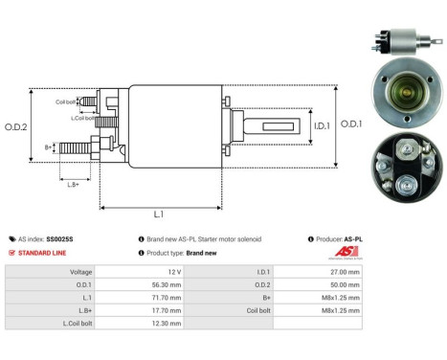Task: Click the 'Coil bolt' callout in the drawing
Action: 66,101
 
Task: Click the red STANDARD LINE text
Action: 43,253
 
